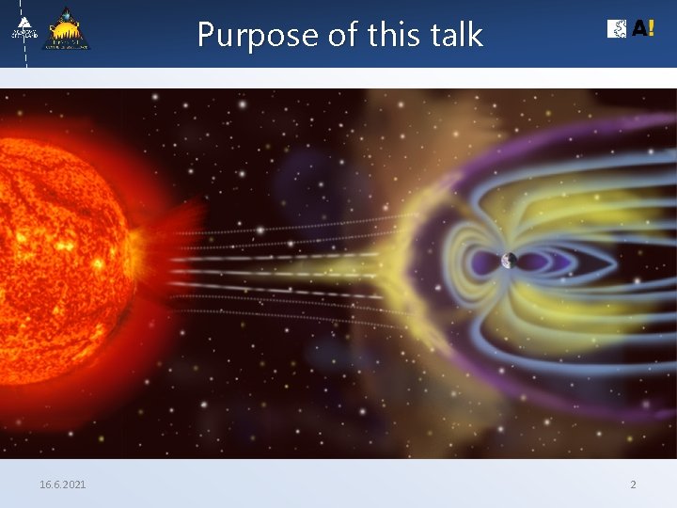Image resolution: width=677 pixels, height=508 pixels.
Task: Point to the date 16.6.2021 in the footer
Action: [x=62, y=484]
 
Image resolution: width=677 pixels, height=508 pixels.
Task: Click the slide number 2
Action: [x=633, y=484]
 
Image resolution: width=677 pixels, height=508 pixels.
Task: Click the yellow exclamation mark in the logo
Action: [x=652, y=29]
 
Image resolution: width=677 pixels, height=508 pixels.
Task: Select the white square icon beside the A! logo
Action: [x=618, y=29]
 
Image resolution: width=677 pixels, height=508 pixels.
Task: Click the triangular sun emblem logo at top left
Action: [x=67, y=29]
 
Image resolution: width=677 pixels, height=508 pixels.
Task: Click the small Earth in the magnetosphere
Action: [x=509, y=261]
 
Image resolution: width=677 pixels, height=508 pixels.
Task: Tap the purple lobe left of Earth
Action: [x=487, y=261]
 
